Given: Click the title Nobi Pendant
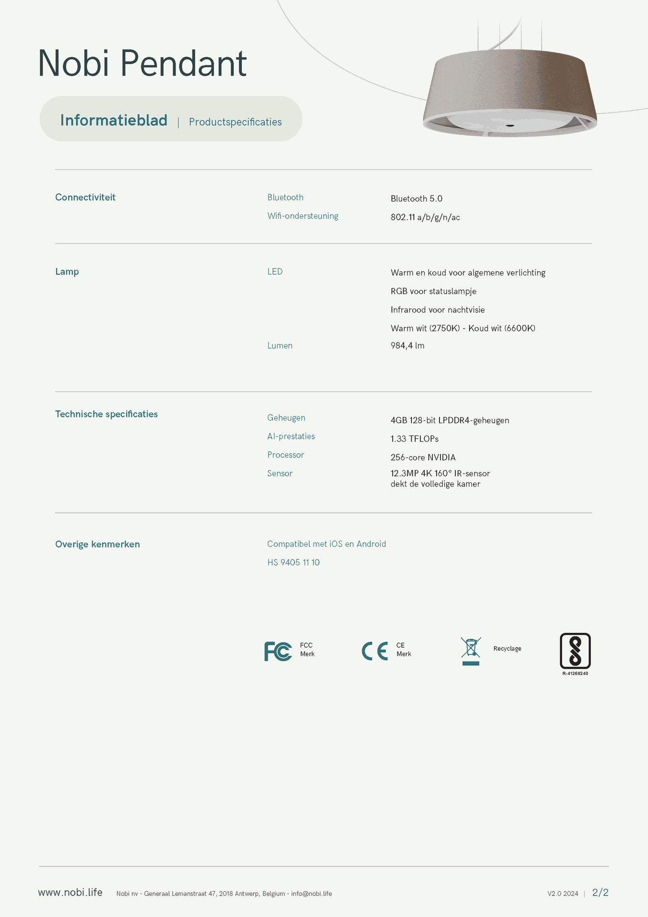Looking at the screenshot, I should click(x=142, y=63).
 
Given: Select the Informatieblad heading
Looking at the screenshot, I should click(x=114, y=120).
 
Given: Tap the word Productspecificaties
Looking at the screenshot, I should click(x=235, y=122).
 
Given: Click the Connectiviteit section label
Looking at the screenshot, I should click(x=85, y=197).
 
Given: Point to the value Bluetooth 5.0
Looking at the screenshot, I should click(x=416, y=199).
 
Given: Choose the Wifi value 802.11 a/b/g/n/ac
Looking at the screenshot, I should click(x=425, y=217).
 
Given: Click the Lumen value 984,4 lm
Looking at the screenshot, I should click(x=407, y=345).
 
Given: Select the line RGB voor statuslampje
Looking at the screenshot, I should click(x=433, y=291).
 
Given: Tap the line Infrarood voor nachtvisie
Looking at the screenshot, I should click(x=438, y=310).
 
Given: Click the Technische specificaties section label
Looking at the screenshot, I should click(x=106, y=414).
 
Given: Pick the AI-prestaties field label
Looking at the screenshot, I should click(x=291, y=436).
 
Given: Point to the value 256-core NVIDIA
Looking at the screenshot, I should click(x=423, y=457).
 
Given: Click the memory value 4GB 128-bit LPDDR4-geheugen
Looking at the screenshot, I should click(x=449, y=420).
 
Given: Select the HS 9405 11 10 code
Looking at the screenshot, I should click(x=293, y=563).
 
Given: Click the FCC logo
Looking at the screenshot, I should click(x=278, y=651).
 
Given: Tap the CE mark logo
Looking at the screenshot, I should click(x=375, y=651).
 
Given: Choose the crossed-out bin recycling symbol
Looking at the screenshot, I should click(x=470, y=650).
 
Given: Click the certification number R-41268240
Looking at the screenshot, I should click(x=575, y=673).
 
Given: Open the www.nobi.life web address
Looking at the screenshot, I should click(x=70, y=893).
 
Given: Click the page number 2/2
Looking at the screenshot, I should click(x=600, y=893).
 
